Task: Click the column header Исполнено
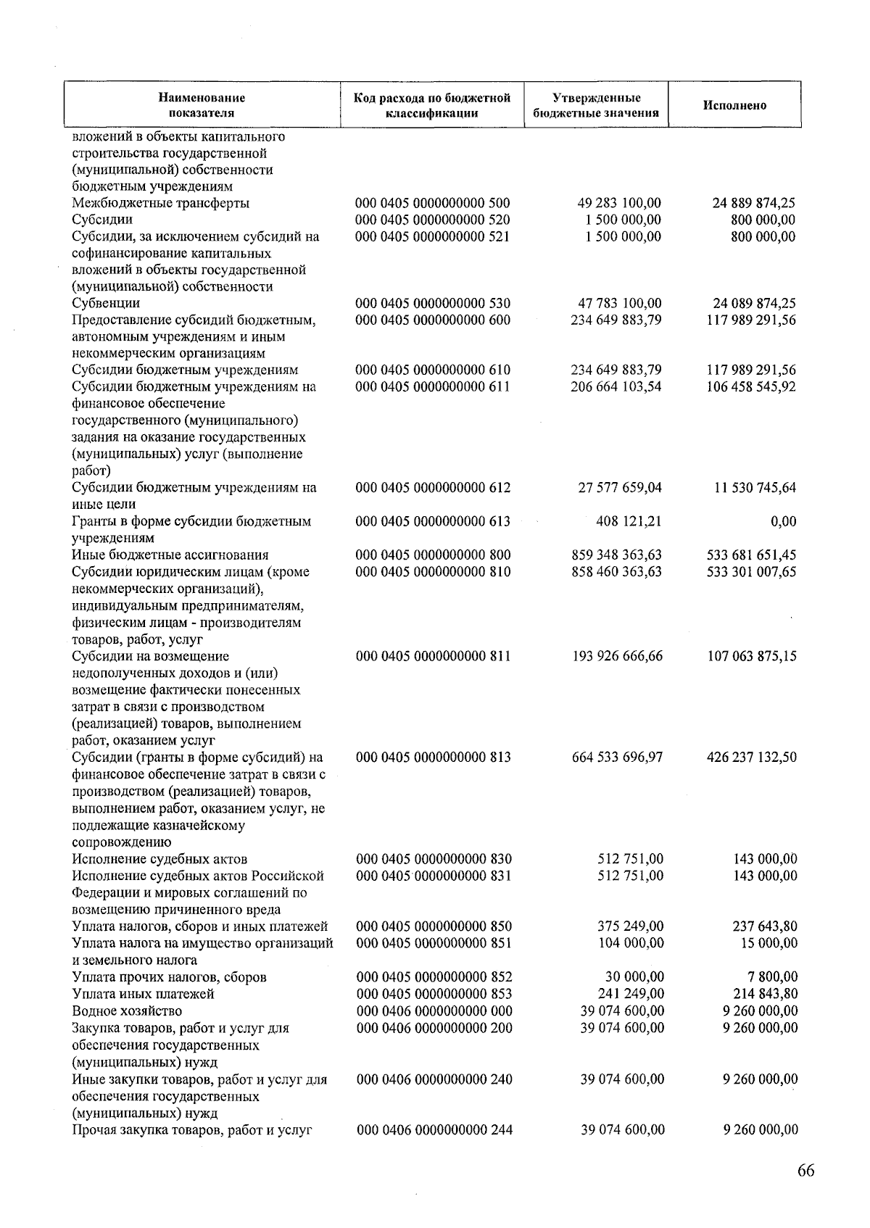click(x=734, y=106)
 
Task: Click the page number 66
click(x=805, y=1171)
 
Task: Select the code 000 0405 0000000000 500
click(x=433, y=203)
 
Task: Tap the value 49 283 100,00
click(x=616, y=203)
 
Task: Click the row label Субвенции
click(x=106, y=303)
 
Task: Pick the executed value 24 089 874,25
click(x=751, y=303)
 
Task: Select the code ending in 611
click(x=433, y=387)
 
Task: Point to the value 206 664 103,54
click(x=616, y=387)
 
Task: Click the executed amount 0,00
click(x=784, y=521)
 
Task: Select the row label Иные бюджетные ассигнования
click(x=170, y=555)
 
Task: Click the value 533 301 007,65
click(x=751, y=572)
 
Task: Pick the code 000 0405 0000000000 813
click(x=434, y=758)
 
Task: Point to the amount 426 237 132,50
click(x=751, y=758)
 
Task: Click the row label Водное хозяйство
click(x=127, y=1011)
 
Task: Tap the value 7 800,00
click(x=774, y=977)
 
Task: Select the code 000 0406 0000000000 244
click(x=434, y=1129)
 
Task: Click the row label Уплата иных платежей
click(x=143, y=994)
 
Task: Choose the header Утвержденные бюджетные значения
click(x=596, y=106)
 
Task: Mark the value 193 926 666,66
click(x=617, y=656)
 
